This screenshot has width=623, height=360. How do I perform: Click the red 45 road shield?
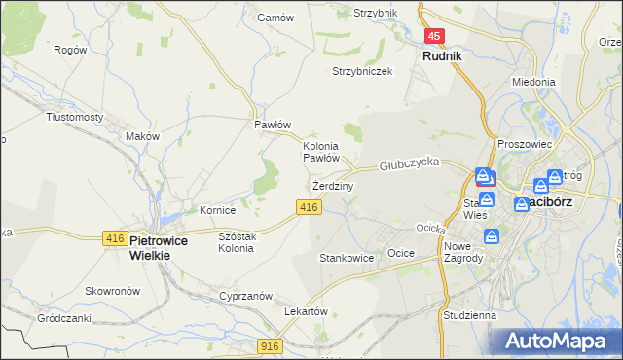coord(434,36)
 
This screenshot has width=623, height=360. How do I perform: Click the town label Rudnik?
coord(442,56)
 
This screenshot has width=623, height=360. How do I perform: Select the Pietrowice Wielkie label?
coord(150,247)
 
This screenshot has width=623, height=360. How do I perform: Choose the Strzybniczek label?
coord(362,72)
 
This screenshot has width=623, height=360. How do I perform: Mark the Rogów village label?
coord(70,50)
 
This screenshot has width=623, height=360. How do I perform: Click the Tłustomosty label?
coord(75,116)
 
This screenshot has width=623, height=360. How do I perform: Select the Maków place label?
coord(142,137)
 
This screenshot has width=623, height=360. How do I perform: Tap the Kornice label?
coord(218,209)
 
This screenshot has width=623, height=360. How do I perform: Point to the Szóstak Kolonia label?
coord(237,241)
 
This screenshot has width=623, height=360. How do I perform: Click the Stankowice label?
coord(347,259)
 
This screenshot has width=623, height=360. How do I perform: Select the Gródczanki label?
coord(64,318)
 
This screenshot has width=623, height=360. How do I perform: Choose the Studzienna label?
coord(468,315)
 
